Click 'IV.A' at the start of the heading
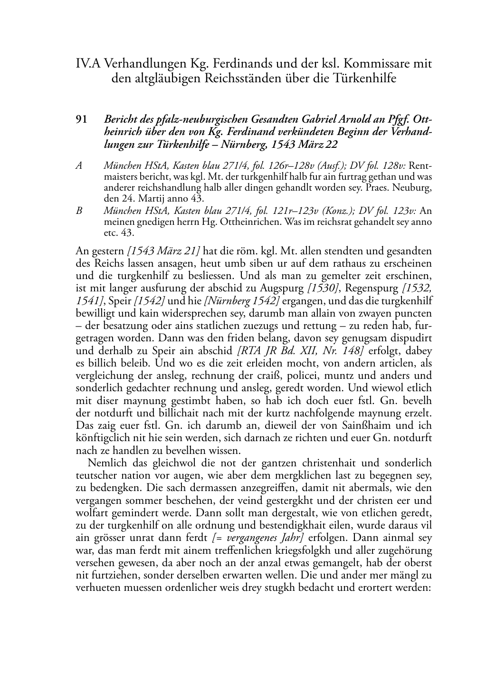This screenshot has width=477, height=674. tap(87, 63)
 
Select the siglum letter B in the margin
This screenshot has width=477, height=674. tap(79, 211)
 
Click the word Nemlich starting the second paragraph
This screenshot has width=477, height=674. tap(105, 463)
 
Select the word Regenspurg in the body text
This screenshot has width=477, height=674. tap(371, 288)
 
